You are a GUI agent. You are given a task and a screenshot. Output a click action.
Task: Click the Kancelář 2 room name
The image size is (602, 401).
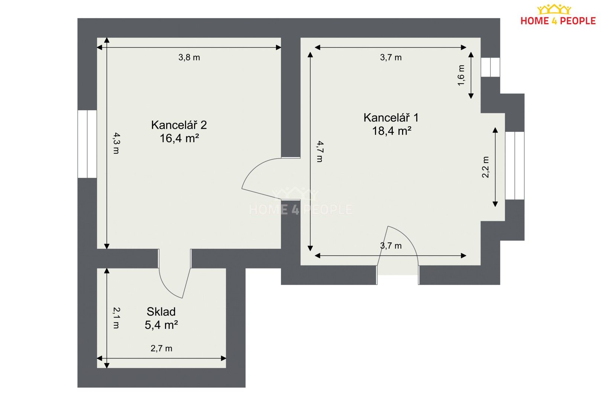(x=179, y=125)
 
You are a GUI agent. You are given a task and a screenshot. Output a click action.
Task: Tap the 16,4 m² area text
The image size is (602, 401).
(x=179, y=138)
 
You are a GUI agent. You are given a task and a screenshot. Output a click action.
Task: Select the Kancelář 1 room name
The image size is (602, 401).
(x=391, y=118)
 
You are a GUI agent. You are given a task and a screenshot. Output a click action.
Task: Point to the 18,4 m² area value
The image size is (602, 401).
(x=392, y=131)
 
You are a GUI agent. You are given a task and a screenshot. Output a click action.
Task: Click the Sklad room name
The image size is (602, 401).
(x=161, y=312)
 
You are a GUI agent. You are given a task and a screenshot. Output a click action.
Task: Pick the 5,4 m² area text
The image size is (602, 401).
(x=161, y=325)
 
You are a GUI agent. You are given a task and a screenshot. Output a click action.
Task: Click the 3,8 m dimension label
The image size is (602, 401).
(x=189, y=58)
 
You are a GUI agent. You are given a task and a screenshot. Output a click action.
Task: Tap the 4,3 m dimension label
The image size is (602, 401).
(x=116, y=143)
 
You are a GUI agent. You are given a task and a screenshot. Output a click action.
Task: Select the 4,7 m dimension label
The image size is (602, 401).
(x=320, y=151)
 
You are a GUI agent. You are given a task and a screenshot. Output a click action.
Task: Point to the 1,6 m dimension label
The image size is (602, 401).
(x=461, y=75)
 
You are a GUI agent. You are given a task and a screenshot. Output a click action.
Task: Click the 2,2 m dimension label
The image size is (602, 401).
(x=485, y=167)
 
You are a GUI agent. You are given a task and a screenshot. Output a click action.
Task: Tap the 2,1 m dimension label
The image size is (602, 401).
(x=116, y=318)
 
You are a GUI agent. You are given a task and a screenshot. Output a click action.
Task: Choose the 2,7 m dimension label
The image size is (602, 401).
(x=161, y=348)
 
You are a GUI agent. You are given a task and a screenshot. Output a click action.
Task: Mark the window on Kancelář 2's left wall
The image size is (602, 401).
(x=87, y=144)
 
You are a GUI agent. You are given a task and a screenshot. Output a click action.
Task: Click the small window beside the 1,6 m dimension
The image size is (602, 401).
(x=490, y=67)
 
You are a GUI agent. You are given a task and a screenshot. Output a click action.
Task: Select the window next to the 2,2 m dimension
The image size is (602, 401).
(x=515, y=166)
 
